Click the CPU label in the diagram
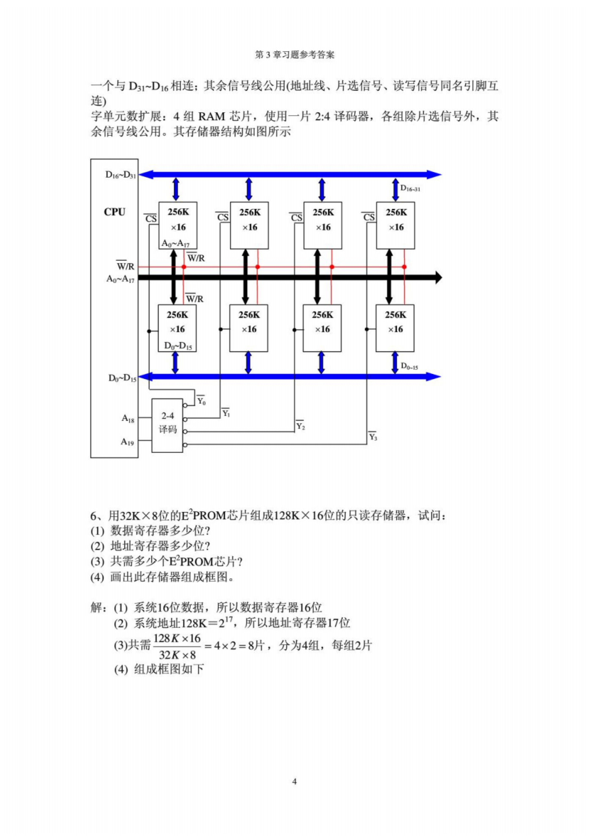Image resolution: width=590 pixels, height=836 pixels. click(x=115, y=212)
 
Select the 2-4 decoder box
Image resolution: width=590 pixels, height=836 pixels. click(x=167, y=425)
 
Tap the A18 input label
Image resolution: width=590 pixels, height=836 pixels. click(x=128, y=419)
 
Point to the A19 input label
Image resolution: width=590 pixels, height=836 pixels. click(x=127, y=442)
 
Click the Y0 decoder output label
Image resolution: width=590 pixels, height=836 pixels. click(x=201, y=400)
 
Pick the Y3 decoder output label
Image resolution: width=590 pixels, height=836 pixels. click(x=373, y=436)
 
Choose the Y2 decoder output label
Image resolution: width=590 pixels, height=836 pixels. click(x=300, y=426)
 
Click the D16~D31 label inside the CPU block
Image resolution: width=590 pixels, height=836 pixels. click(x=121, y=175)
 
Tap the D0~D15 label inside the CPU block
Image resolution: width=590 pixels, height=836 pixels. click(x=122, y=378)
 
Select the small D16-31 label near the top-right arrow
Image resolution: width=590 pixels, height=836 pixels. click(x=410, y=188)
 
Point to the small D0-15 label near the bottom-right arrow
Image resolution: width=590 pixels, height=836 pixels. click(x=409, y=366)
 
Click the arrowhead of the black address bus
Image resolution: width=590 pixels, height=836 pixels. click(x=439, y=278)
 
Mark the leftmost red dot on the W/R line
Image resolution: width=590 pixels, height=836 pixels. click(x=184, y=267)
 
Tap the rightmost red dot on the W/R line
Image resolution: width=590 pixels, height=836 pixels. click(x=404, y=267)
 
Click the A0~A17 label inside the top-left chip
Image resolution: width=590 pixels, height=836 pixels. click(x=176, y=243)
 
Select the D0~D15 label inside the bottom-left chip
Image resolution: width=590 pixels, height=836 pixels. click(x=178, y=346)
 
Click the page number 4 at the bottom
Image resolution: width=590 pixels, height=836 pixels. click(x=294, y=781)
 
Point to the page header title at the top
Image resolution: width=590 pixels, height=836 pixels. click(x=295, y=55)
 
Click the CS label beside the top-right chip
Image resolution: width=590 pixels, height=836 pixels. click(x=369, y=217)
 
